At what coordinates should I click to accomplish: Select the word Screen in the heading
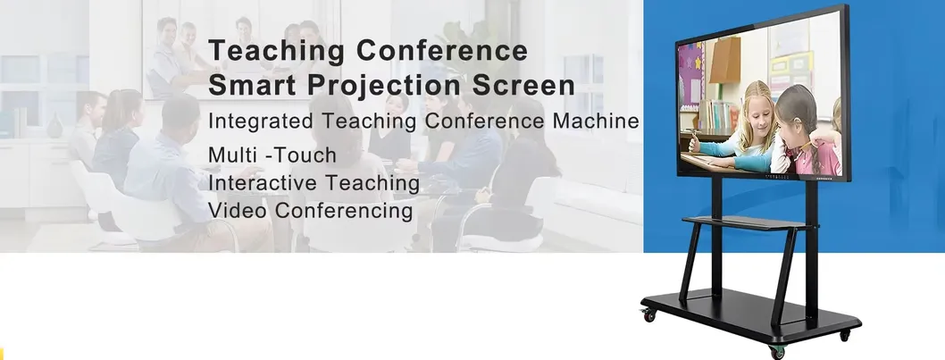click(523, 85)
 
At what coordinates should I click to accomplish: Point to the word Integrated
click(260, 121)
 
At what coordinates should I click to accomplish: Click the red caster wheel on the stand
click(648, 314)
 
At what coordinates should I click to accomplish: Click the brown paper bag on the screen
click(724, 60)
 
